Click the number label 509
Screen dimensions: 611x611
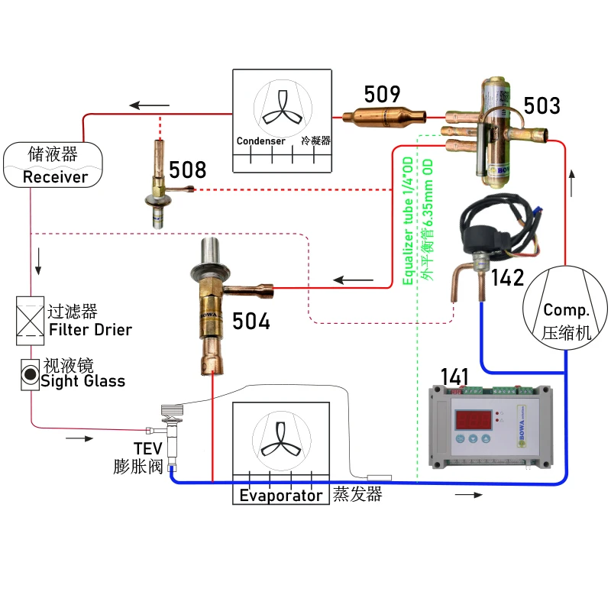point(382,94)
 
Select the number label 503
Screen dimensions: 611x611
point(542,105)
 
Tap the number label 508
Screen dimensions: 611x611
point(187,170)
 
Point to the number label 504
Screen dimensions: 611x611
point(252,321)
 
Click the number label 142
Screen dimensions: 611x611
point(509,276)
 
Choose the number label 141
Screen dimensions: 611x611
point(456,376)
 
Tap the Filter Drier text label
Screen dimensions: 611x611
point(89,330)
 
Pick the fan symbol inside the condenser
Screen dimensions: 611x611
point(282,106)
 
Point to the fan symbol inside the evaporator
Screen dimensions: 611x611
point(282,440)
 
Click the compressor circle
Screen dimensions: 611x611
point(566,310)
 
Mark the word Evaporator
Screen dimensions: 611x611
point(281,496)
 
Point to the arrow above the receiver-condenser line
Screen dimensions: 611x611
point(148,105)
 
